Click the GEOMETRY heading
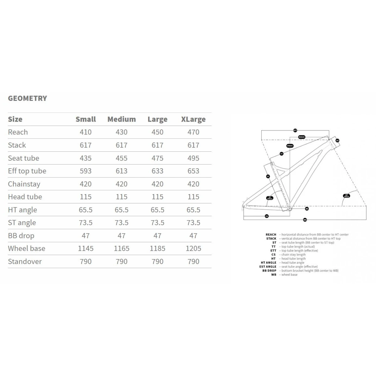[x=28, y=98]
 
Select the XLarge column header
[x=193, y=119]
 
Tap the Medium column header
[x=122, y=119]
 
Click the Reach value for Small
[x=86, y=132]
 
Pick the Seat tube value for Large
[x=157, y=158]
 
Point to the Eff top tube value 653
[x=193, y=171]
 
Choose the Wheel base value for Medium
[x=122, y=248]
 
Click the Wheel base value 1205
[x=193, y=248]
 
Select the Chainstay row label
[x=24, y=184]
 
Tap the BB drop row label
[x=21, y=236]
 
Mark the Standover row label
[x=25, y=262]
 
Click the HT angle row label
[x=23, y=210]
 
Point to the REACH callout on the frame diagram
[x=301, y=137]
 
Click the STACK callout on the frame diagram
[x=290, y=146]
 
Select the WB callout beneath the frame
[x=305, y=220]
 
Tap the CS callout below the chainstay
[x=267, y=216]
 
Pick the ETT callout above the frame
[x=295, y=130]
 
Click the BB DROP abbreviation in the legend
[x=269, y=271]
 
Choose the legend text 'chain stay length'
[x=293, y=255]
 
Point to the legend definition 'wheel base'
[x=289, y=275]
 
